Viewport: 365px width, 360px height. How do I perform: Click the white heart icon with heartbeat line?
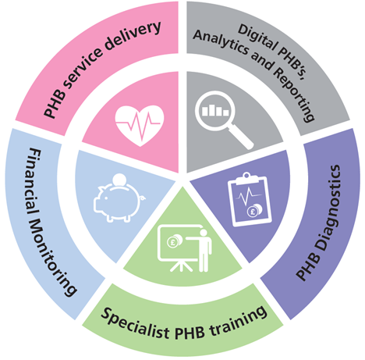140,125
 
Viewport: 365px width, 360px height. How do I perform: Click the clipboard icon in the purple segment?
250,199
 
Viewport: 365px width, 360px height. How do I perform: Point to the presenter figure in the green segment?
204,250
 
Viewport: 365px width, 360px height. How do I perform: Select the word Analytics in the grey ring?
221,41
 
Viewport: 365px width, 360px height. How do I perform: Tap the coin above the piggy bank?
119,180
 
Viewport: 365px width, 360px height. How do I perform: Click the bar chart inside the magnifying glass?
215,110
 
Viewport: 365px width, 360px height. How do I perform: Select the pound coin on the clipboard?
254,211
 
